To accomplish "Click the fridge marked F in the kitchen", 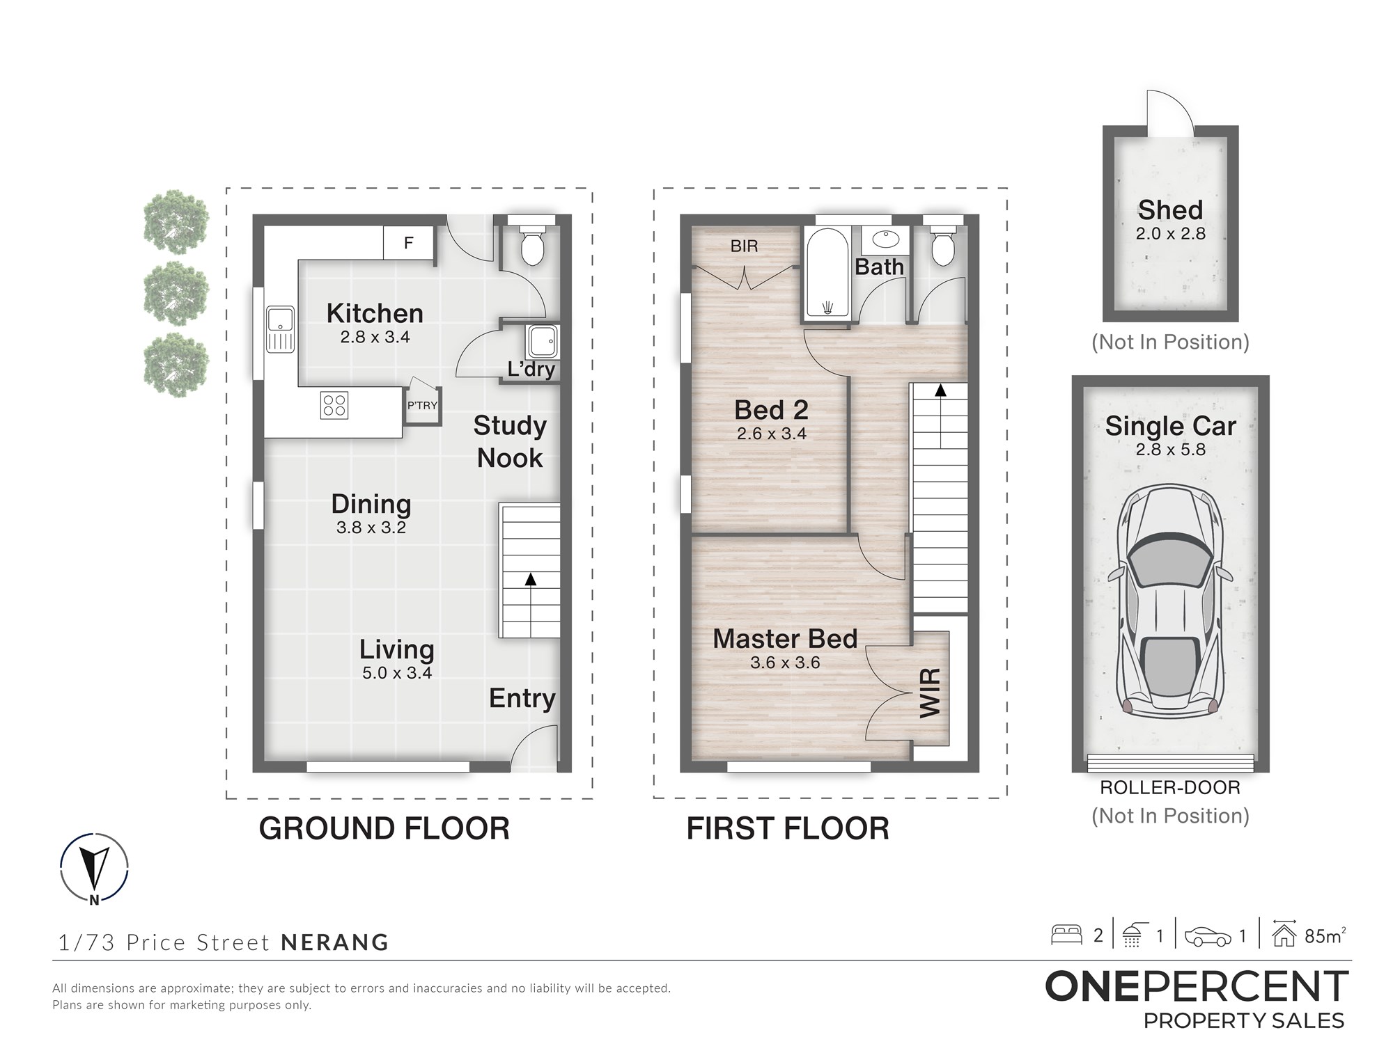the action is coord(409,242).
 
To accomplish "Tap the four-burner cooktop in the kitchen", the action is coord(334,406).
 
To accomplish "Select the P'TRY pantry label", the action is coord(422,405).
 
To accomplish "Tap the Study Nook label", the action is coord(510,441).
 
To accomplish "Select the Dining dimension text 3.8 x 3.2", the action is coord(371,528).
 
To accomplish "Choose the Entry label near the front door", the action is coord(522,698).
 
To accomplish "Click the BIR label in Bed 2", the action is coord(745,246).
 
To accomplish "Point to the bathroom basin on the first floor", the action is coord(885,239).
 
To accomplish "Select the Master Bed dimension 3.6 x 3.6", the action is coord(785,663).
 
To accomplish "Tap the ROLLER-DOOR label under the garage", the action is coord(1170,788).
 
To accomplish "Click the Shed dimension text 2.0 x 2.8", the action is coord(1171,234).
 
